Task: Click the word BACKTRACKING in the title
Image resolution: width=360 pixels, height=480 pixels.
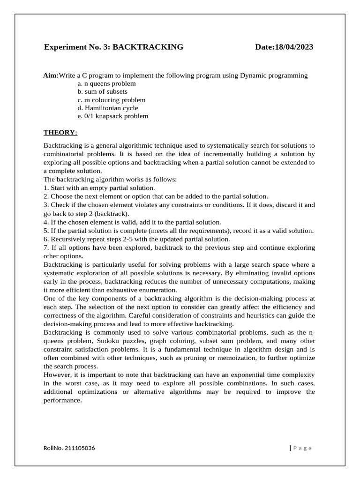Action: pyautogui.click(x=148, y=47)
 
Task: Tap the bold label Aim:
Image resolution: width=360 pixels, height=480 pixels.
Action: pyautogui.click(x=51, y=75)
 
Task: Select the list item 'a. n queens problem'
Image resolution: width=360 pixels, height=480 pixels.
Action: pyautogui.click(x=107, y=83)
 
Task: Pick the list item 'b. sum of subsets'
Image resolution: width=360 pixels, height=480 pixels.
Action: pyautogui.click(x=103, y=91)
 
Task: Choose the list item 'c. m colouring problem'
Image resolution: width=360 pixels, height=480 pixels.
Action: pyautogui.click(x=112, y=100)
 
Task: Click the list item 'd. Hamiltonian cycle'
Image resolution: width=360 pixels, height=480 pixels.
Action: pyautogui.click(x=108, y=108)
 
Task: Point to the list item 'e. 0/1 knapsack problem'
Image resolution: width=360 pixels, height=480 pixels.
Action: pyautogui.click(x=113, y=116)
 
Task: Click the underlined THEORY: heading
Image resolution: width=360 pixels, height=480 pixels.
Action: pyautogui.click(x=60, y=133)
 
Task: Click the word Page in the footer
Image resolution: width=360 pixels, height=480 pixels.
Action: pyautogui.click(x=302, y=448)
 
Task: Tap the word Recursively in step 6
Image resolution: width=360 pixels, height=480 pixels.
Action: pyautogui.click(x=68, y=239)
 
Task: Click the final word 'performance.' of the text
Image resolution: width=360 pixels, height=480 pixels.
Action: pyautogui.click(x=62, y=400)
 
